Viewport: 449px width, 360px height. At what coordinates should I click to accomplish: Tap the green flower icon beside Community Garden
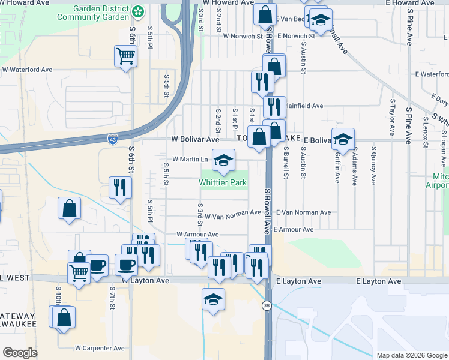pyautogui.click(x=138, y=11)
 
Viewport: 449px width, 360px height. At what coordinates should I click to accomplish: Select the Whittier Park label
pyautogui.click(x=223, y=182)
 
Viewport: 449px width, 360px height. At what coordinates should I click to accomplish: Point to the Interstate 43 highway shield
pyautogui.click(x=113, y=139)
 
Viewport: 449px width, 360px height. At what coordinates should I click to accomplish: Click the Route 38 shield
pyautogui.click(x=266, y=305)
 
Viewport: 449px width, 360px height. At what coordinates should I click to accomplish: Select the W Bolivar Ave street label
pyautogui.click(x=196, y=139)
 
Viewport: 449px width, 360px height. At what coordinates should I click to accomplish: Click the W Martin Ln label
pyautogui.click(x=190, y=159)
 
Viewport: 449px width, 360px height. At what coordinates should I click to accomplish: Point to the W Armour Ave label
pyautogui.click(x=197, y=234)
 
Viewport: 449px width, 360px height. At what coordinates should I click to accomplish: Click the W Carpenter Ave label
pyautogui.click(x=100, y=348)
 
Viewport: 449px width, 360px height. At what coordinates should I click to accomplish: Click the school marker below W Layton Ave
pyautogui.click(x=212, y=300)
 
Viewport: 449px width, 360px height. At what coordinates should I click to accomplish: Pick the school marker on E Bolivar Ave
pyautogui.click(x=343, y=139)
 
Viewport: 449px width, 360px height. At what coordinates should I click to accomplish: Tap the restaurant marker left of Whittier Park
pyautogui.click(x=119, y=188)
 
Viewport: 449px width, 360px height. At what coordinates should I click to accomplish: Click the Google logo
pyautogui.click(x=20, y=353)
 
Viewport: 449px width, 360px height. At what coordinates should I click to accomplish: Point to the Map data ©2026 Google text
pyautogui.click(x=411, y=355)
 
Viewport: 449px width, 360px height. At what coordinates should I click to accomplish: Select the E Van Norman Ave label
pyautogui.click(x=303, y=212)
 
